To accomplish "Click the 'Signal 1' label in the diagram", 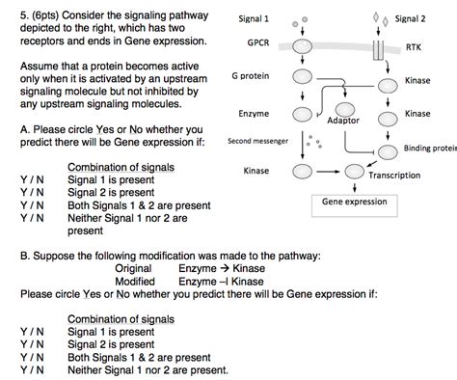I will pyautogui.click(x=255, y=19).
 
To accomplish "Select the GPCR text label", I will pyautogui.click(x=257, y=44).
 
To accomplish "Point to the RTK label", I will pyautogui.click(x=413, y=46).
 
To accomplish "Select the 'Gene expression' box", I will pyautogui.click(x=355, y=203).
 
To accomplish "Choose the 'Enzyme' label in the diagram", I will pyautogui.click(x=254, y=113).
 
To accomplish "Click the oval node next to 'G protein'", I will pyautogui.click(x=303, y=77).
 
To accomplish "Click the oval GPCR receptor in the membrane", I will pyautogui.click(x=303, y=44).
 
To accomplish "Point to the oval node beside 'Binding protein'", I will pyautogui.click(x=387, y=150).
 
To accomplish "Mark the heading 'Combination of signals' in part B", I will pyautogui.click(x=121, y=319).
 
